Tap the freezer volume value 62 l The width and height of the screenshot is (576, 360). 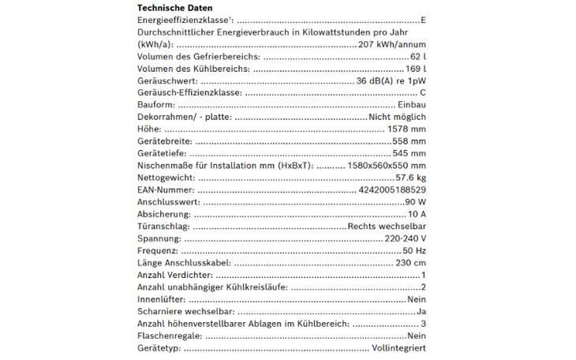coord(418,58)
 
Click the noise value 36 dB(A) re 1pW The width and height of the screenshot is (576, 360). coord(391,81)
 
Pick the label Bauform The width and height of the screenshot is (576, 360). coord(156,105)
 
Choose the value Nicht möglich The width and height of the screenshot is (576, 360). coord(397,117)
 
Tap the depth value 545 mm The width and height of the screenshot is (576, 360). coord(410,153)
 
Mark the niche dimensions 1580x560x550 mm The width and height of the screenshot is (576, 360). coord(387,166)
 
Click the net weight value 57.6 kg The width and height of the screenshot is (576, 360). coord(410,178)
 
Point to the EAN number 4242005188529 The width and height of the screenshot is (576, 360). coord(391,189)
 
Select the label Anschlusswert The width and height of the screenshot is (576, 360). coord(168,202)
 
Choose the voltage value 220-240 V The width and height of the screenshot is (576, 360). coord(405,238)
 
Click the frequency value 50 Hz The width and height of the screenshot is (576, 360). coord(414,250)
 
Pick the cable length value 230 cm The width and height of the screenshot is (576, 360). coord(410,263)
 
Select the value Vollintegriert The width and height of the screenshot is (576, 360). coord(398,348)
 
